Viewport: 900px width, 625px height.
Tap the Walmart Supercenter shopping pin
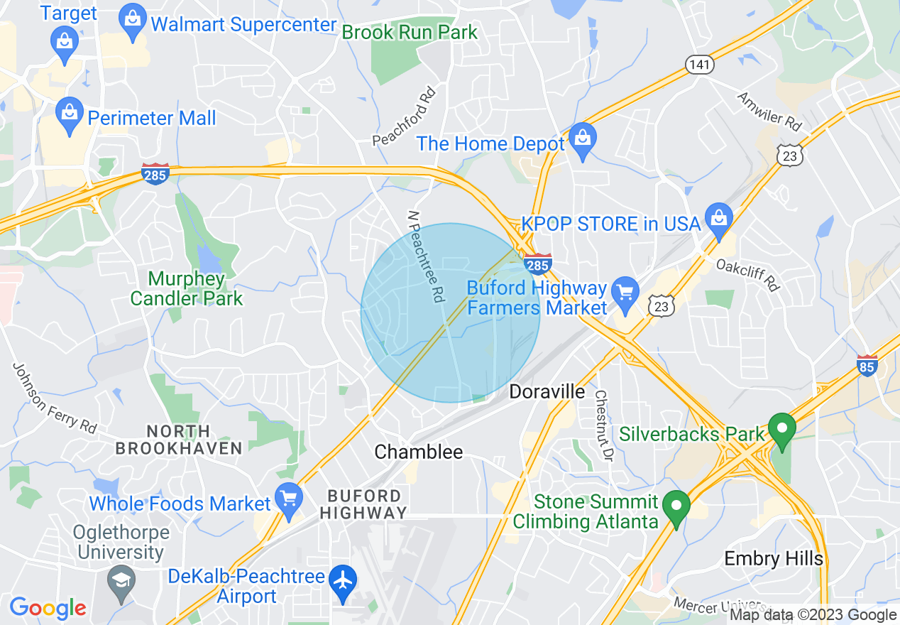point(133,23)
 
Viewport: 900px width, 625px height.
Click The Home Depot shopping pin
point(582,140)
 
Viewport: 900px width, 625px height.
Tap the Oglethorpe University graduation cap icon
point(121,581)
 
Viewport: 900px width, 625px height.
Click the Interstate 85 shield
point(866,365)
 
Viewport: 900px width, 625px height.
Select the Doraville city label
point(547,391)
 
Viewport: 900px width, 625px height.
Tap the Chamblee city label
point(418,452)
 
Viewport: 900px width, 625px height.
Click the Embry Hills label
point(773,558)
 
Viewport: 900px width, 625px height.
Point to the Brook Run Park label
point(410,32)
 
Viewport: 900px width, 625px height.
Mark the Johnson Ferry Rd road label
point(54,398)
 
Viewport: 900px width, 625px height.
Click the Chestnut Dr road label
point(603,425)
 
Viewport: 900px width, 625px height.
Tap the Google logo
point(48,608)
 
